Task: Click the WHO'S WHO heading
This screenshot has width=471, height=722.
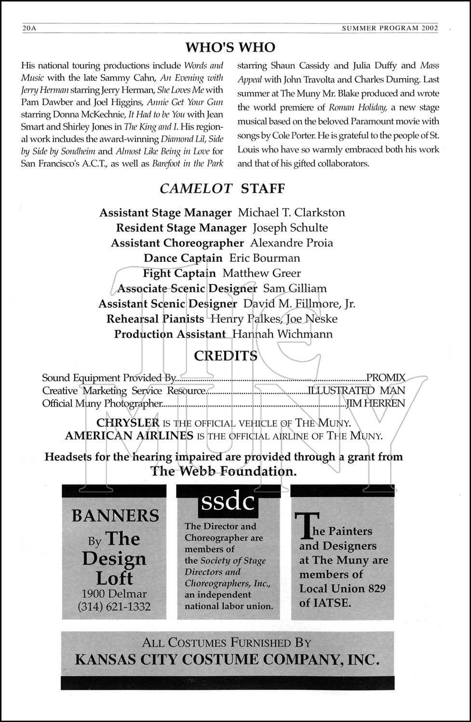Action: (x=230, y=47)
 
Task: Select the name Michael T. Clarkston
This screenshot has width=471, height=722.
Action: (x=291, y=213)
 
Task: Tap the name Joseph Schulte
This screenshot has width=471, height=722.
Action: (x=290, y=228)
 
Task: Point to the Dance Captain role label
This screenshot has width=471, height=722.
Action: (x=183, y=258)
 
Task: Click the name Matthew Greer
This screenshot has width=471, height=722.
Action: (x=261, y=273)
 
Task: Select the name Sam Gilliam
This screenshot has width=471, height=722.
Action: (x=295, y=289)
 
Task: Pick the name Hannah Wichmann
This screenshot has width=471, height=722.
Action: (x=282, y=334)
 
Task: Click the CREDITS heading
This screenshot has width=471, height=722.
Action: (x=225, y=356)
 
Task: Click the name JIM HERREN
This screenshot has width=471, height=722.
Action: (x=376, y=403)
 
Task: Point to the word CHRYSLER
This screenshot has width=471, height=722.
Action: (x=128, y=423)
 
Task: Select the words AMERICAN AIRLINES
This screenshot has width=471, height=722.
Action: (x=129, y=436)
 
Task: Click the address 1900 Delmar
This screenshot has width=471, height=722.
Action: (x=114, y=594)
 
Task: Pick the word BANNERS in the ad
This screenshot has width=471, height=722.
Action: (x=115, y=516)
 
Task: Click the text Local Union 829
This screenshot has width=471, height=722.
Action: (x=342, y=589)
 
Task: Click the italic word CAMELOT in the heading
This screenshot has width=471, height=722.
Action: (x=196, y=189)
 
